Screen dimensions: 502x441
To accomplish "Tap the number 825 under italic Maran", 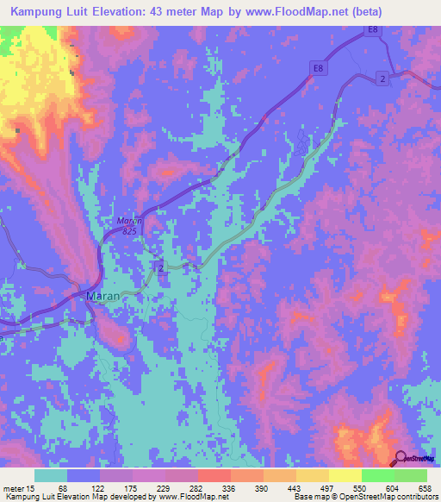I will [128, 231].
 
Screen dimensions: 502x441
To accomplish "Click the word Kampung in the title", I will [41, 12].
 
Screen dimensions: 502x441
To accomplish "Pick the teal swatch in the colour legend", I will [51, 476].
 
